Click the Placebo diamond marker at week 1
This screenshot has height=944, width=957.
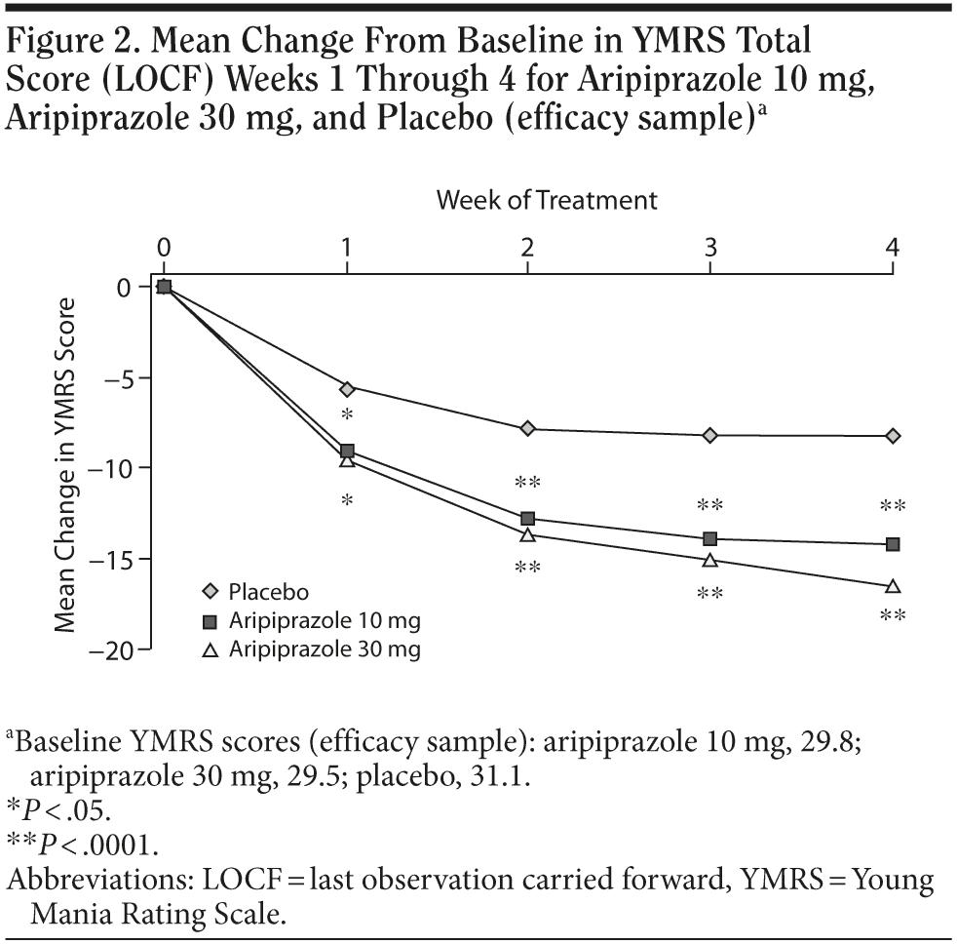coord(347,389)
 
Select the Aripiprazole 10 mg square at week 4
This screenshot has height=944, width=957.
coord(893,544)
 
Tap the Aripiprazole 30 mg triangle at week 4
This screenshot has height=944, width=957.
coord(893,586)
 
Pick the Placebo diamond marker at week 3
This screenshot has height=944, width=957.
coord(710,435)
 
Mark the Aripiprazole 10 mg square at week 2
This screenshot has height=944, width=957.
coord(528,518)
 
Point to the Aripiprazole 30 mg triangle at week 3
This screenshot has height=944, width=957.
coord(710,560)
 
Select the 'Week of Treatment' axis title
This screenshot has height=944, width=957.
coord(547,200)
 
